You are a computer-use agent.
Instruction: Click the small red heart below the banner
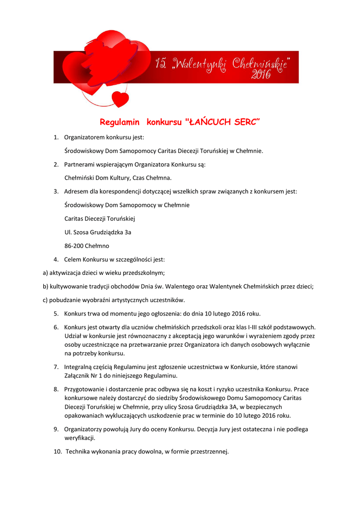(120, 98)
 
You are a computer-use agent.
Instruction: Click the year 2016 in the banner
(261, 75)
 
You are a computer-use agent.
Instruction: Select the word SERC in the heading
(246, 122)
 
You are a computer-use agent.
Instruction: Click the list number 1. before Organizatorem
(56, 137)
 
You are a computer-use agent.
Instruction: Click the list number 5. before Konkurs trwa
(56, 314)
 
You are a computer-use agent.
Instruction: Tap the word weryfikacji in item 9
(79, 438)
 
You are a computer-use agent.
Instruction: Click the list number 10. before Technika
(58, 451)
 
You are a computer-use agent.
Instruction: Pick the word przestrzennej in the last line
(209, 451)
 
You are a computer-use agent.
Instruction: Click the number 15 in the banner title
(161, 63)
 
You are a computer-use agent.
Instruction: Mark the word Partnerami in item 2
(80, 164)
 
